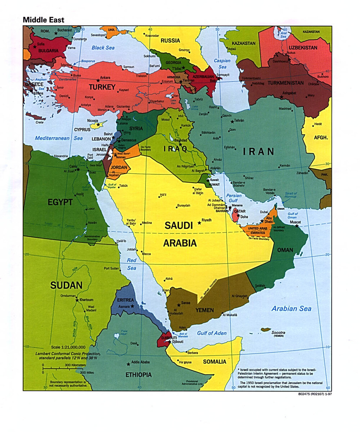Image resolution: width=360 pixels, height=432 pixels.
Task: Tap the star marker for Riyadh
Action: point(199,223)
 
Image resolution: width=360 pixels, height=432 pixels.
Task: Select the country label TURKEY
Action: point(102,87)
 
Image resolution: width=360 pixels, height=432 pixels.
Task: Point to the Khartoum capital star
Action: point(77,300)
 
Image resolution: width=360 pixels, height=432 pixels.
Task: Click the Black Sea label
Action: point(103,48)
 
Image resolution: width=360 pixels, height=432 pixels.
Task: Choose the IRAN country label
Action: point(258,151)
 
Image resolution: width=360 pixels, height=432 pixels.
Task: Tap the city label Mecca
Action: point(146,254)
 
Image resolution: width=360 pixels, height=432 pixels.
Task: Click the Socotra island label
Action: point(279,332)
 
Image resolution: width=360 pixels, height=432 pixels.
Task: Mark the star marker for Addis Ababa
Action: point(128,364)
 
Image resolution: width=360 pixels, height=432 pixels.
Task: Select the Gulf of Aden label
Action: point(212,333)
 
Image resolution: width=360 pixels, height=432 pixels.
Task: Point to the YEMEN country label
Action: point(204,310)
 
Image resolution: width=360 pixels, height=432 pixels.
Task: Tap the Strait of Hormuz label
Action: point(290,196)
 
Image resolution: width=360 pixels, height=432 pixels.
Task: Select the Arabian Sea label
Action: point(291,308)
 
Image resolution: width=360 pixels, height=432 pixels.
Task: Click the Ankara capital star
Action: point(98,80)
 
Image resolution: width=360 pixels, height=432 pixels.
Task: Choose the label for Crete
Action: point(40,123)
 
